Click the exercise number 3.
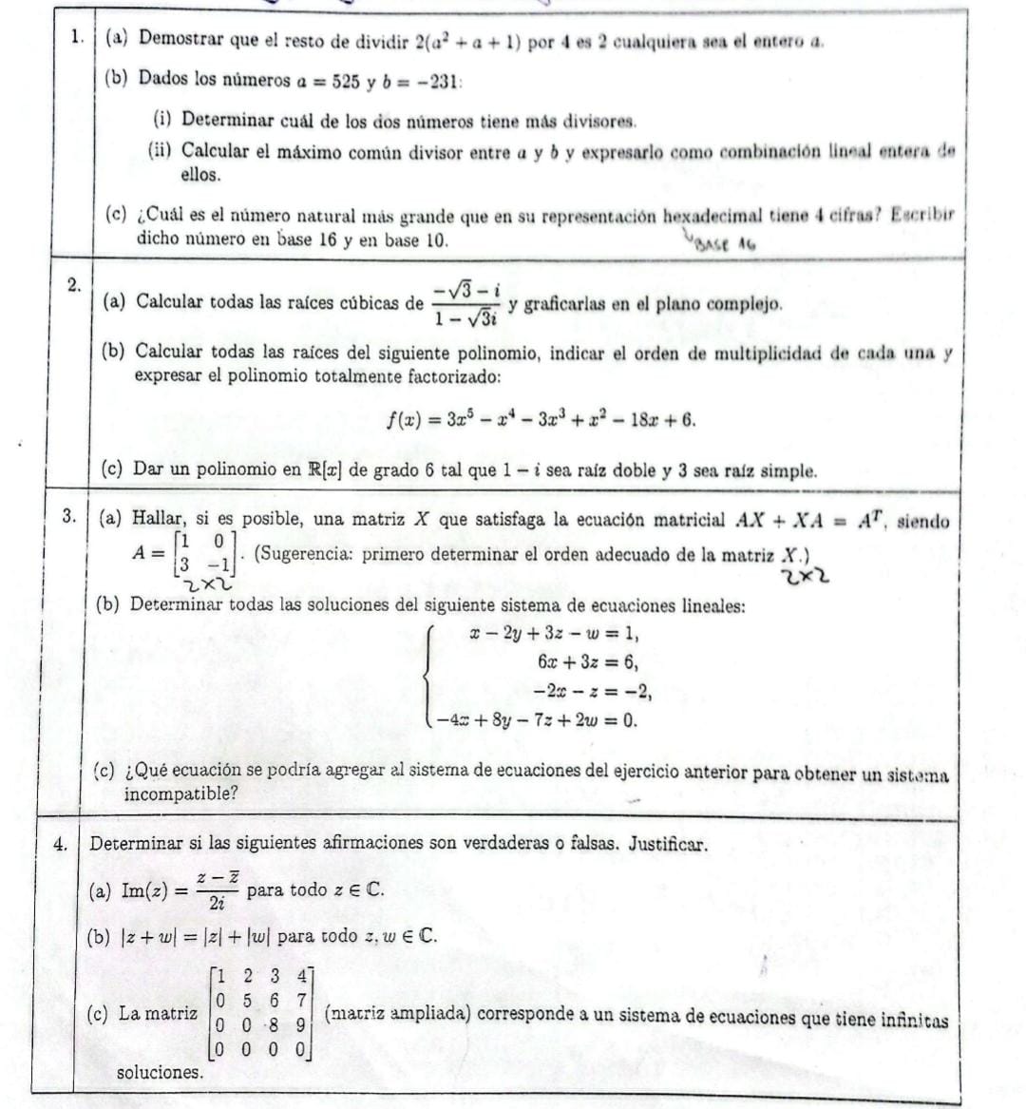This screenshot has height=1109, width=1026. click(x=68, y=517)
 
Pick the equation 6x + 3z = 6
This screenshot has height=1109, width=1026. click(x=586, y=662)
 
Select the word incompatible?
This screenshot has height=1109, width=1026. click(x=180, y=794)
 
